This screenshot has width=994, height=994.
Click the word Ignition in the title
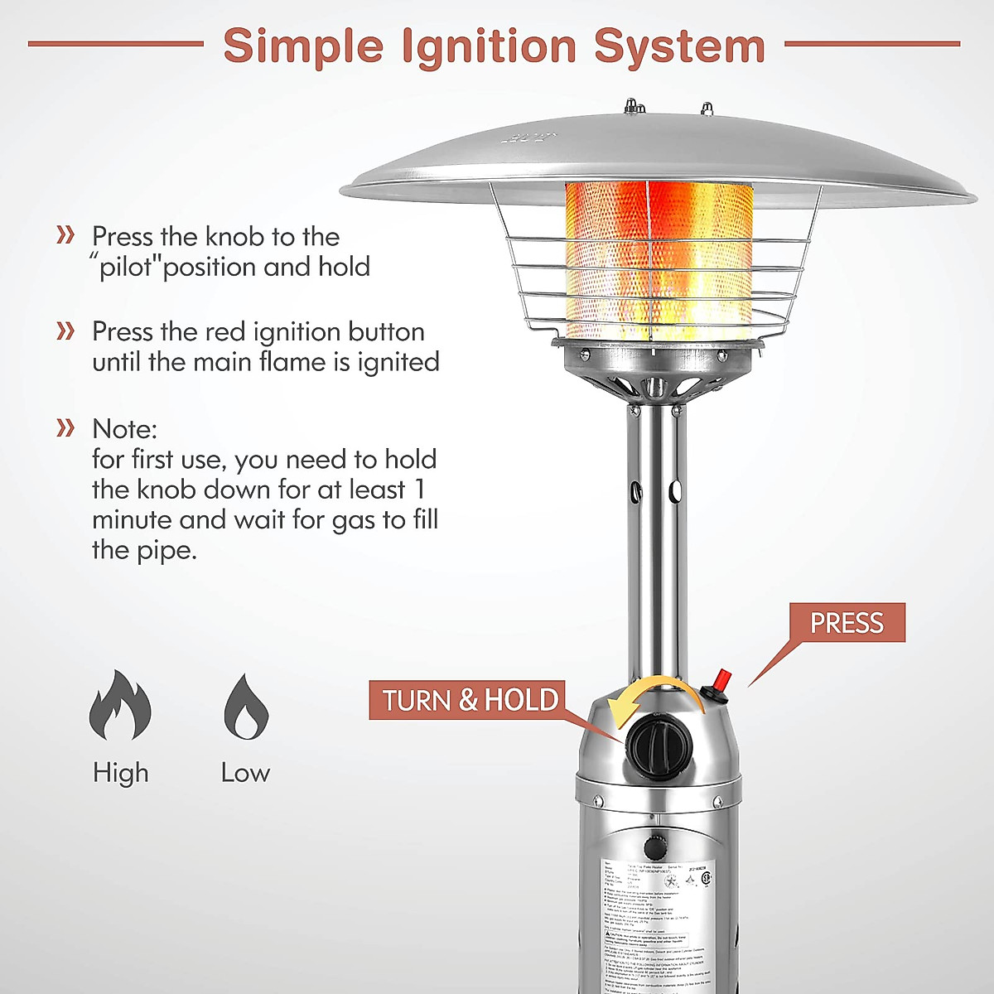488,46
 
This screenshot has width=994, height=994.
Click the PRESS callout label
846,623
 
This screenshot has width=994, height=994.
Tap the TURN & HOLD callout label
469,700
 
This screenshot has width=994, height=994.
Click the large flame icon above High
120,705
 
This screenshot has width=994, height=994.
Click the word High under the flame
120,773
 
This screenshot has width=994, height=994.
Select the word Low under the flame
245,773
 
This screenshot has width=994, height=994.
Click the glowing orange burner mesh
659,261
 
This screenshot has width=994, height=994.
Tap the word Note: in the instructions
124,429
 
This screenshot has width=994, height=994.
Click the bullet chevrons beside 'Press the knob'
65,235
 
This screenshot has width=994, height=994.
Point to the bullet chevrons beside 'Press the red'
65,331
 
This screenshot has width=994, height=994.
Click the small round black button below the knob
655,847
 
